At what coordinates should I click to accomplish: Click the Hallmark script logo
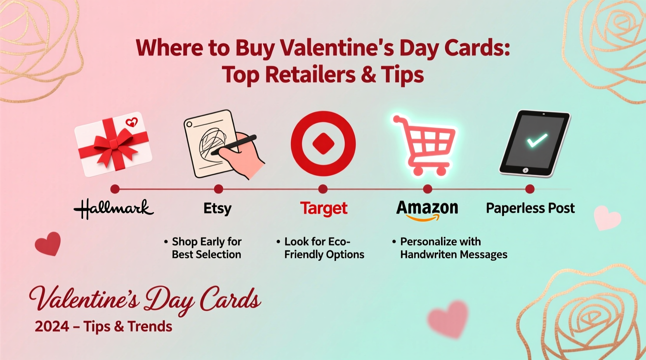point(114,209)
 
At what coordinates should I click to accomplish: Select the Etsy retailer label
point(217,208)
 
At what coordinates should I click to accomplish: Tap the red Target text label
point(323,208)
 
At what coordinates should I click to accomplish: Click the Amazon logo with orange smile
point(427,209)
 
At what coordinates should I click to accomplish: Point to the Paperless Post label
point(530,208)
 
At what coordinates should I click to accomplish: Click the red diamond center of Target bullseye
point(323,143)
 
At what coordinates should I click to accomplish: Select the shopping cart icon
point(425,145)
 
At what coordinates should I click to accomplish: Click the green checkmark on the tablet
point(537,140)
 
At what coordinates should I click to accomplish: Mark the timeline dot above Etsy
point(219,189)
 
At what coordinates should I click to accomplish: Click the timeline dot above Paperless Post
point(530,189)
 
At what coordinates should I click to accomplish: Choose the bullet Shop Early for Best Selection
point(206,248)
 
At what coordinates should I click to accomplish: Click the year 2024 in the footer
point(52,327)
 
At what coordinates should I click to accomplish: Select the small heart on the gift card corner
point(132,123)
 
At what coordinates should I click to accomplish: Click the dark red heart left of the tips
point(48,244)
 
